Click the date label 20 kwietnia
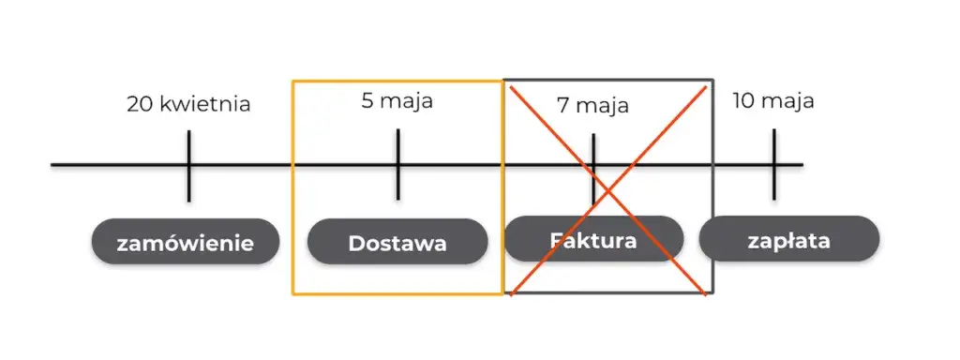coord(188,104)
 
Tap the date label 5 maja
coord(397,100)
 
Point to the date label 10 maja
coord(773,100)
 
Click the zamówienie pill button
coord(186,243)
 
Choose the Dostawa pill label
coord(397,243)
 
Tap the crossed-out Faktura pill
coord(592,240)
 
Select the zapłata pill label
coord(788,240)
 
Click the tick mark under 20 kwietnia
coord(188,166)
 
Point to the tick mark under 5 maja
coord(397,164)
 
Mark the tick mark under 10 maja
coord(774,164)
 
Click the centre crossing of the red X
coord(608,190)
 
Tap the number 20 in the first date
coord(140,104)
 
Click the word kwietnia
coord(205,104)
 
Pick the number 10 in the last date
coord(743,100)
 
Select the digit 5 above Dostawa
coord(367,100)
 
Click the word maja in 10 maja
coord(787,100)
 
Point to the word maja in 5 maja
coord(408,100)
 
